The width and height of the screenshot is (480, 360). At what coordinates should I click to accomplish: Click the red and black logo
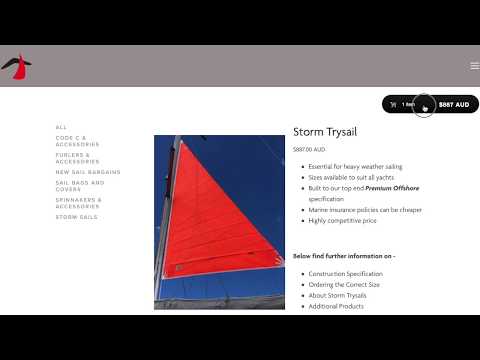pos(17,66)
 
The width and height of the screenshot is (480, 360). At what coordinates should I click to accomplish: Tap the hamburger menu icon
pos(474,66)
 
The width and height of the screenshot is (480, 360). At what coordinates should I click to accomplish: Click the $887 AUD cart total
pos(453,104)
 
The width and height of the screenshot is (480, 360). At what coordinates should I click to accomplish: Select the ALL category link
pos(61,127)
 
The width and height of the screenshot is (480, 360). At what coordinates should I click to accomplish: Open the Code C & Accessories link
pos(77,141)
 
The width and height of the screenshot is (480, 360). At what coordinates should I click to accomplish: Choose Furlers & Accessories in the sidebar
pos(77,157)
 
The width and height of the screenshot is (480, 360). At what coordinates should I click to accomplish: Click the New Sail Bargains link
pos(88,172)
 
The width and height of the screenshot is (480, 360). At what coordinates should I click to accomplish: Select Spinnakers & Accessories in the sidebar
pos(79,202)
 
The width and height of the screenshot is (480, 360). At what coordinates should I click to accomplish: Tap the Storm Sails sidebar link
pos(77,216)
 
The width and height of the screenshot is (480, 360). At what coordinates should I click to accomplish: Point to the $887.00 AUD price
pos(309,150)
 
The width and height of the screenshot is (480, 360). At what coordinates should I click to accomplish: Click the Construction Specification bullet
pos(345,274)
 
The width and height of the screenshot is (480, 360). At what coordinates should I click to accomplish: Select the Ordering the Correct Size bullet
pos(343,285)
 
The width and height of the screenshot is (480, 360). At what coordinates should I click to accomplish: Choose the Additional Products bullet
pos(336,306)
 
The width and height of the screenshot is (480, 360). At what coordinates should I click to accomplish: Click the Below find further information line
pos(343,256)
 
